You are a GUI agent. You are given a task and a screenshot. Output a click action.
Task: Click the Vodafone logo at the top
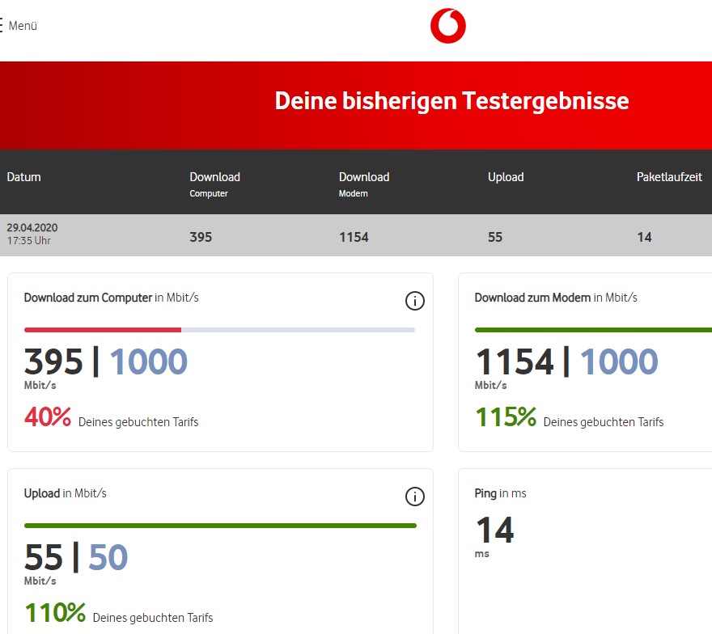[x=447, y=26]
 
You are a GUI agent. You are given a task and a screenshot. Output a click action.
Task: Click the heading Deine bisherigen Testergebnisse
[x=451, y=102]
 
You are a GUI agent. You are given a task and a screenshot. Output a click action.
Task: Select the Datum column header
[x=24, y=177]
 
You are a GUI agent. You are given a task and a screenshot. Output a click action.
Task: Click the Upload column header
[x=506, y=177]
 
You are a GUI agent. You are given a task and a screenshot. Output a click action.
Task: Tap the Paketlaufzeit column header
[x=669, y=177]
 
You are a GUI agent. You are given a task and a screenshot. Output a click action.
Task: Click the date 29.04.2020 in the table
[x=32, y=228]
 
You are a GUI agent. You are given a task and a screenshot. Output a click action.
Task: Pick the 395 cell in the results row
[x=201, y=237]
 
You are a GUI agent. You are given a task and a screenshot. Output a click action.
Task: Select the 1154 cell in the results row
[x=354, y=237]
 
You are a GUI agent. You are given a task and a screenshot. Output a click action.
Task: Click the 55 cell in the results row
[x=495, y=237]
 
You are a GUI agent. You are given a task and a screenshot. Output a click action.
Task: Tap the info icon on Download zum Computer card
[x=414, y=302]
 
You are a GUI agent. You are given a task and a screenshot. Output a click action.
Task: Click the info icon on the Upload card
[x=414, y=497]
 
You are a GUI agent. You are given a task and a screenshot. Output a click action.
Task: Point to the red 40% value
[x=48, y=417]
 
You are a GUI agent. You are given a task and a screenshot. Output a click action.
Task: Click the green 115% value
[x=506, y=417]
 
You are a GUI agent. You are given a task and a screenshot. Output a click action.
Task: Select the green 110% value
[x=55, y=613]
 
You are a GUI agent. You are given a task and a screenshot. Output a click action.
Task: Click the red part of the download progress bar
[x=103, y=330]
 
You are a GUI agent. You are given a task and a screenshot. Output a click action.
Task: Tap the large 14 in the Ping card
[x=494, y=530]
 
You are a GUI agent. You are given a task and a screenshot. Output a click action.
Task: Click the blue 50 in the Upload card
[x=108, y=557]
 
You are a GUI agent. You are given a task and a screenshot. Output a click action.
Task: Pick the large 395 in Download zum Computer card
[x=53, y=362]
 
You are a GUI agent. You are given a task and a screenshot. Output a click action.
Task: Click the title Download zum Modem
[x=532, y=298]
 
